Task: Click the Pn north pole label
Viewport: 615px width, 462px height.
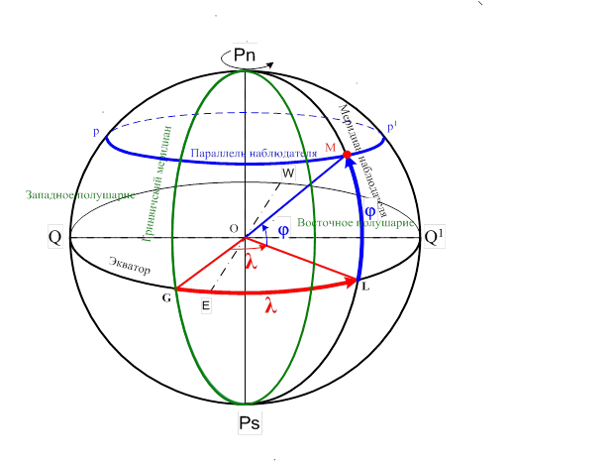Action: point(245,56)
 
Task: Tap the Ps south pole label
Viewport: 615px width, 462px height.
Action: point(250,423)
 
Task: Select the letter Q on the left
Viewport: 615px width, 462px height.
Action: point(55,238)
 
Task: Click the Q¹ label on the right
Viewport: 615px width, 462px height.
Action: point(435,238)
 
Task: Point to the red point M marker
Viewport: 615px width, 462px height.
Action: point(347,156)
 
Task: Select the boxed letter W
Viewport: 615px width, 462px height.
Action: point(288,173)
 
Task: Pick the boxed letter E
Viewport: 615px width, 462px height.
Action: point(205,306)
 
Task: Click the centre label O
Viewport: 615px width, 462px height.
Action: point(234,228)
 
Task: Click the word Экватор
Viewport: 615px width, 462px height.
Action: point(130,269)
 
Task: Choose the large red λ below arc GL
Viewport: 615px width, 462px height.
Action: point(269,307)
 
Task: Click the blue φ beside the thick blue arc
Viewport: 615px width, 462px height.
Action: point(369,211)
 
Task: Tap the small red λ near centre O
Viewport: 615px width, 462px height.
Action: point(252,262)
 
